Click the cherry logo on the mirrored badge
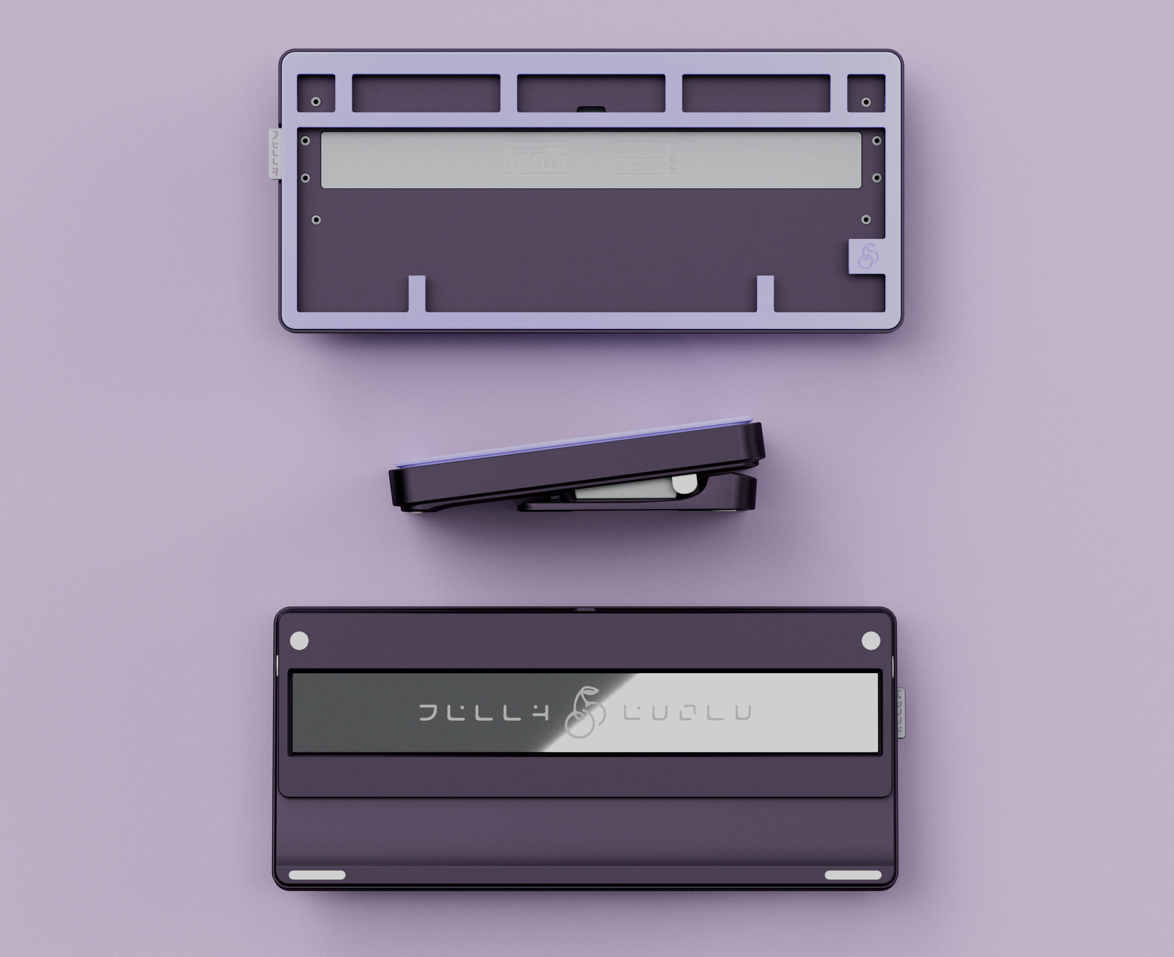[x=585, y=712]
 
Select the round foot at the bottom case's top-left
[x=299, y=641]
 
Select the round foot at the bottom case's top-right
[x=871, y=641]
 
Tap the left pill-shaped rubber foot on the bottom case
[x=317, y=875]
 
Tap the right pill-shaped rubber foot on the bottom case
[x=853, y=875]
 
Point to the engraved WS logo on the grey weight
[x=535, y=159]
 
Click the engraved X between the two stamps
[x=590, y=159]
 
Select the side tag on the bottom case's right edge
[x=900, y=712]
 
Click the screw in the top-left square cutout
[x=316, y=102]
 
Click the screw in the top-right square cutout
[x=866, y=102]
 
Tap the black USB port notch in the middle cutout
[x=591, y=109]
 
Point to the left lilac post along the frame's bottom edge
[x=417, y=294]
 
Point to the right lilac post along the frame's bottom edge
[x=765, y=294]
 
